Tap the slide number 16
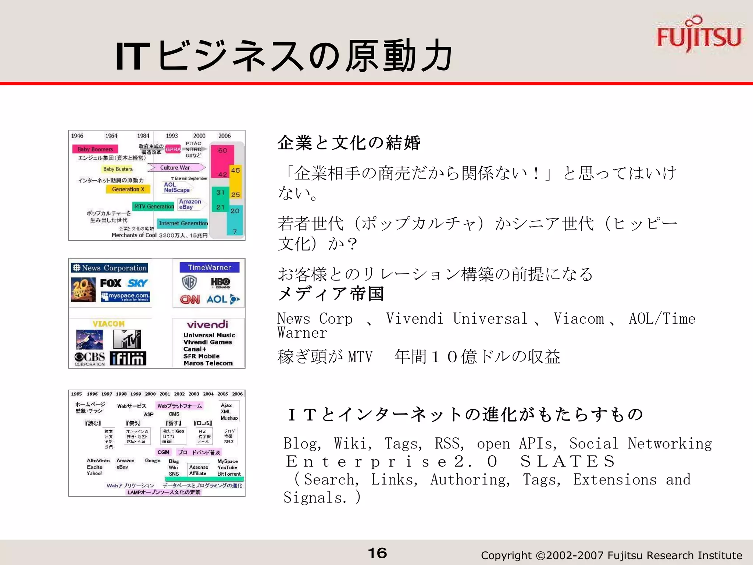[377, 553]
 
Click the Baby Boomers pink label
[95, 149]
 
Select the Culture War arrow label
[176, 168]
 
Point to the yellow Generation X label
[128, 189]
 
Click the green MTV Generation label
[154, 206]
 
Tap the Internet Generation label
[183, 223]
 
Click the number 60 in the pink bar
[222, 150]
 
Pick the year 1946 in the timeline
[77, 136]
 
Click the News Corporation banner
[110, 268]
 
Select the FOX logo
[110, 283]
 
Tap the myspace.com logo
[125, 296]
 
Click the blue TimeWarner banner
[209, 267]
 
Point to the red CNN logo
[190, 299]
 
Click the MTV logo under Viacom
[126, 339]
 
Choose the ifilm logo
[128, 358]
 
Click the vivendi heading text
[207, 324]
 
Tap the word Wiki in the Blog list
[173, 468]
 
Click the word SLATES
[567, 461]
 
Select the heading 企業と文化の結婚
[349, 143]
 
